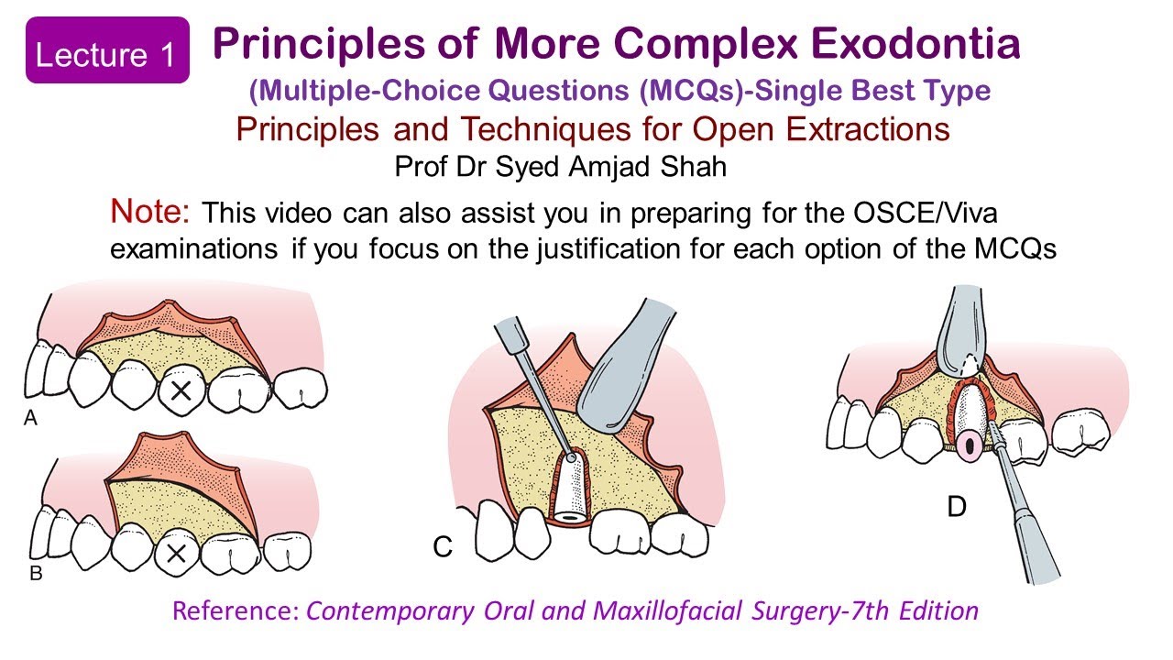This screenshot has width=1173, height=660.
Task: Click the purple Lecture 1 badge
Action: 107,54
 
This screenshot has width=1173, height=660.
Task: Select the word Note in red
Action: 149,212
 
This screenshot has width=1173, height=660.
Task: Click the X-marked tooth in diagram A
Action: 181,391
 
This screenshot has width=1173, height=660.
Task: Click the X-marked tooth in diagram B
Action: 177,553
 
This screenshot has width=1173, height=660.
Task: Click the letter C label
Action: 444,546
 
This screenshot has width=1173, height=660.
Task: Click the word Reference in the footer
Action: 236,610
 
